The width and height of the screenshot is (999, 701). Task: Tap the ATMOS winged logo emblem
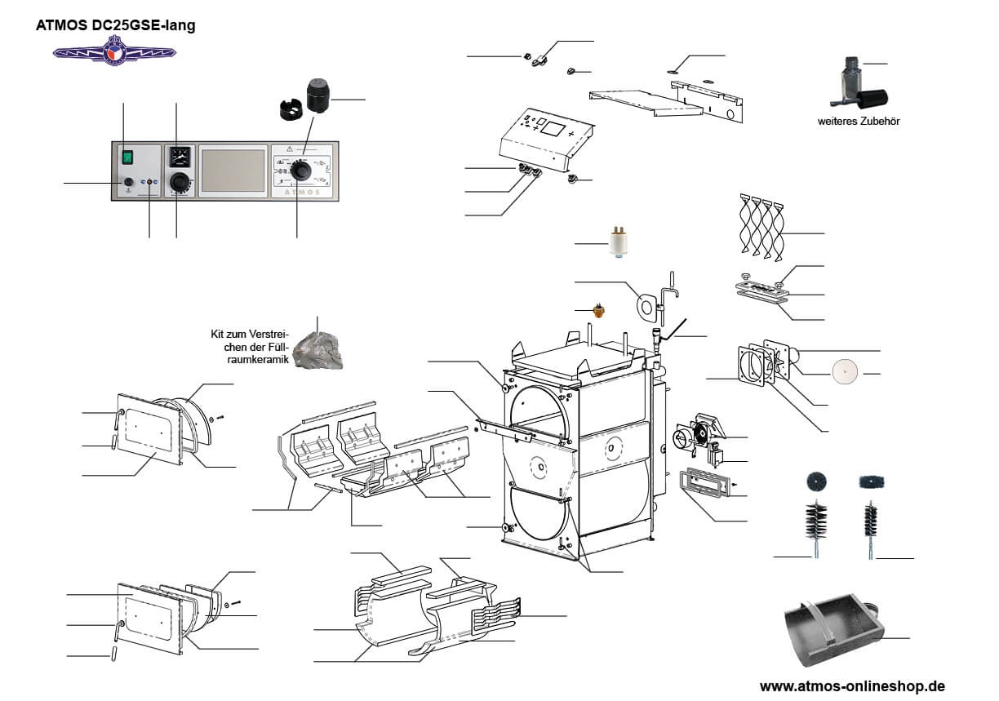click(114, 52)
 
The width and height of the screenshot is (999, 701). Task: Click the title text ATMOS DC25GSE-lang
click(115, 25)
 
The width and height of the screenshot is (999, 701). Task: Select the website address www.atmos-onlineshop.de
click(852, 685)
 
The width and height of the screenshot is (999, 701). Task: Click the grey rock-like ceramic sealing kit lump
click(318, 351)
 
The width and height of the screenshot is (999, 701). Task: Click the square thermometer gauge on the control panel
click(178, 155)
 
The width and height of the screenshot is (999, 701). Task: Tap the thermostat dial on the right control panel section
click(302, 170)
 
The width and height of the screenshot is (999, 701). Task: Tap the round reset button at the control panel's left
click(128, 183)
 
